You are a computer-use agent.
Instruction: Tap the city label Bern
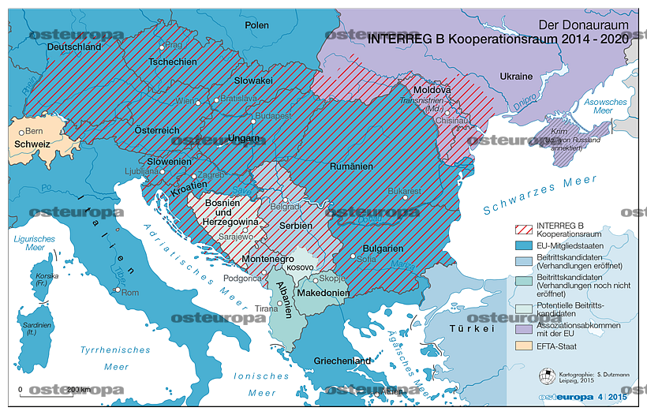click(33, 131)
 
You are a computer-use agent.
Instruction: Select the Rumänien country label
click(352, 167)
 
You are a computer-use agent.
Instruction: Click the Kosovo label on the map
click(300, 267)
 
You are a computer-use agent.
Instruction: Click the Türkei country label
click(472, 327)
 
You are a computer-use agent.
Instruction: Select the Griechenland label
click(342, 361)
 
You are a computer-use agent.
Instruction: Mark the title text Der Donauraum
click(582, 24)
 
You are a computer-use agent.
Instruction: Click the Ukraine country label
click(516, 77)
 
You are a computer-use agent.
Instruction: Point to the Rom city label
click(130, 293)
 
